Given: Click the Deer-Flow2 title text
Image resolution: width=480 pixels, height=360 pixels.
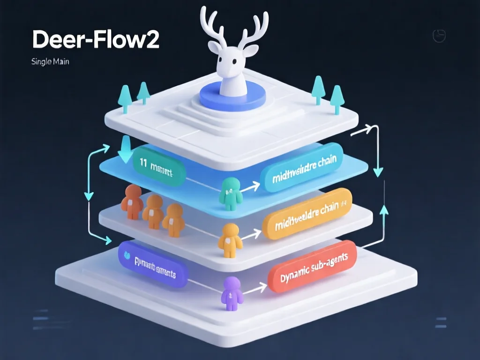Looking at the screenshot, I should pyautogui.click(x=96, y=40).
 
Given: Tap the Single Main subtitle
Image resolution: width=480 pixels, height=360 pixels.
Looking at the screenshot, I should pyautogui.click(x=50, y=61).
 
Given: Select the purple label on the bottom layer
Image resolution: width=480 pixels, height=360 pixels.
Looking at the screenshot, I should pyautogui.click(x=152, y=263).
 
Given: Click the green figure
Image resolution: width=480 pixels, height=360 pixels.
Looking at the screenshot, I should pyautogui.click(x=231, y=193).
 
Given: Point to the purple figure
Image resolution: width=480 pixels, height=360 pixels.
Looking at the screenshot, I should pyautogui.click(x=231, y=293).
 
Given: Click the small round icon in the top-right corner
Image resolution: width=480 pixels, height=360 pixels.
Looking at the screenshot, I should pyautogui.click(x=438, y=36).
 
